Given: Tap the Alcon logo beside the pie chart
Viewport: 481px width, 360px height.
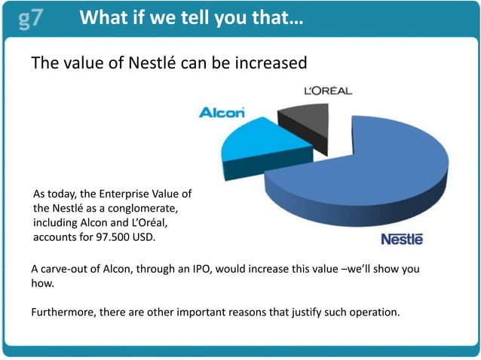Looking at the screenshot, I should click(x=221, y=113).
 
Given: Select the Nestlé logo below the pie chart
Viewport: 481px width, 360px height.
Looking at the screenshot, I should click(x=402, y=239).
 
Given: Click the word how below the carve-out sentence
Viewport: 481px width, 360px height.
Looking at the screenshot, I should click(x=42, y=285).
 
